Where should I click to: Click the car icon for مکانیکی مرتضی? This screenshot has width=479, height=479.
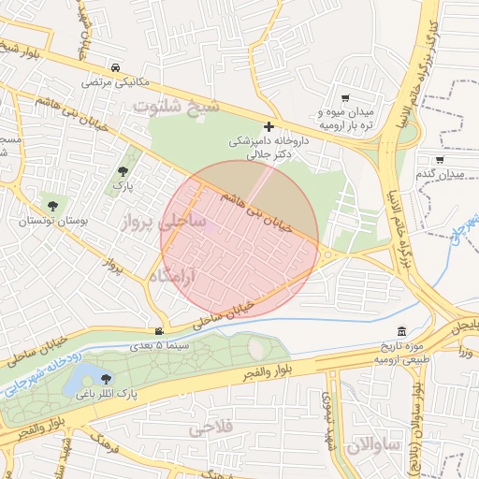click(114, 68)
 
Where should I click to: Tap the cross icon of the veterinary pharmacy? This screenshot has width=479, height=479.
click(269, 125)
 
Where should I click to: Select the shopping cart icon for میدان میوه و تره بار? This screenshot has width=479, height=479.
click(345, 98)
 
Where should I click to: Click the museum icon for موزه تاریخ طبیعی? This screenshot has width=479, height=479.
click(401, 331)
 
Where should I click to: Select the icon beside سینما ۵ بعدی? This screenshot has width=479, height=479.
click(160, 331)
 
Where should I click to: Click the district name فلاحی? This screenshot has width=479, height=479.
click(210, 429)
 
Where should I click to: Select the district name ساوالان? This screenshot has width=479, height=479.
click(373, 444)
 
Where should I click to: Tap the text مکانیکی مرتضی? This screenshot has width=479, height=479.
click(115, 82)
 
